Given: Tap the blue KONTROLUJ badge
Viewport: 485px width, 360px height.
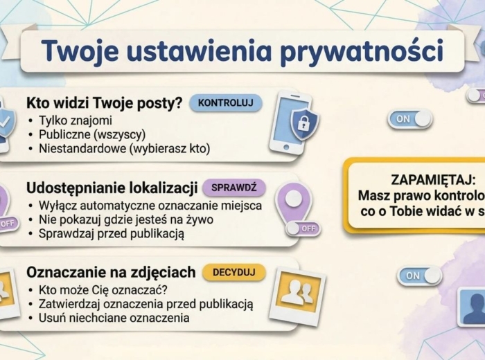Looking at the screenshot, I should (x=226, y=104).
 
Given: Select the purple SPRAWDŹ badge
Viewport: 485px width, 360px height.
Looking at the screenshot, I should (x=233, y=188).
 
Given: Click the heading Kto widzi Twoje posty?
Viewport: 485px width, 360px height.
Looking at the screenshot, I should (x=104, y=104).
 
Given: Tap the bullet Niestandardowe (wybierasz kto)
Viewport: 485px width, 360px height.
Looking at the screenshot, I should (x=124, y=148).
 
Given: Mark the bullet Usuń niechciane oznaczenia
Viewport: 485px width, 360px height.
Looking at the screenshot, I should (x=114, y=318).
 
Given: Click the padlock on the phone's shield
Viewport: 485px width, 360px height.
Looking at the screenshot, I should (x=303, y=123).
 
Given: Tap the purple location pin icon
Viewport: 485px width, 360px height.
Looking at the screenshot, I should (x=294, y=200).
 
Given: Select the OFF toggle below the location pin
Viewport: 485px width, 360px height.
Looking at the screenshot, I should (x=303, y=228).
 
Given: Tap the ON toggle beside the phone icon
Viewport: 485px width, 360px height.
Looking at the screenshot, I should (x=410, y=118).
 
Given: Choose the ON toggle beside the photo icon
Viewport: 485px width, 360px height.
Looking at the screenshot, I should (x=420, y=276).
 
